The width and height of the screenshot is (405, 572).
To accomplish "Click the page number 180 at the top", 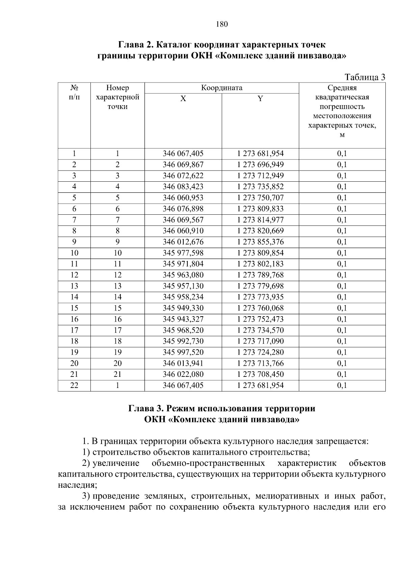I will (x=222, y=24).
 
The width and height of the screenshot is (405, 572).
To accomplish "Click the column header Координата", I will (x=221, y=88).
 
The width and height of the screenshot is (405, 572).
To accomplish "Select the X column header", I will (x=183, y=99).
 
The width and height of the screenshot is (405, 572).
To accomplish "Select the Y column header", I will (x=260, y=99).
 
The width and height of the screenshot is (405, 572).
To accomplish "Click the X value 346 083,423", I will (x=183, y=187).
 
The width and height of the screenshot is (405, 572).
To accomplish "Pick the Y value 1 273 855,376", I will (x=260, y=242).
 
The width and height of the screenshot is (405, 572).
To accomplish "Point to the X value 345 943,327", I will (x=183, y=319).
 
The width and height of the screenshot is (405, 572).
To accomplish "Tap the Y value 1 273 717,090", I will (x=260, y=341).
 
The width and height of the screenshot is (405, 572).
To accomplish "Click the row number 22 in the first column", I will (x=74, y=385).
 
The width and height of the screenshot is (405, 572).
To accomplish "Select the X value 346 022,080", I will (x=183, y=374).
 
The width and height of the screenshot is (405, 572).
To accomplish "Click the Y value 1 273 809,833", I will (x=260, y=209).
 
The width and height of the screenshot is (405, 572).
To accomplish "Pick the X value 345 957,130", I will (x=183, y=286).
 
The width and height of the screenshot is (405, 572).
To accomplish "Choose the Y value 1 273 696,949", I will (x=260, y=165).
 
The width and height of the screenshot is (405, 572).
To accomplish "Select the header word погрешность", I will (x=342, y=107).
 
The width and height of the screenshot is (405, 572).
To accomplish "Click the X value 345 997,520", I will (x=183, y=352).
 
